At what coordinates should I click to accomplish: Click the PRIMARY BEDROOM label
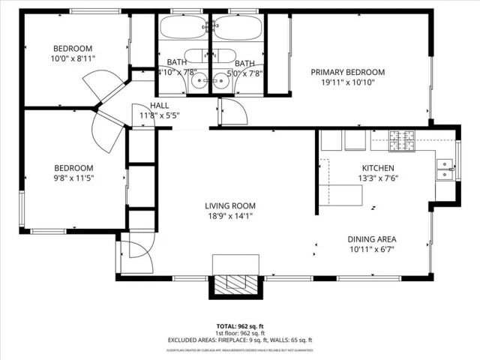[348, 72]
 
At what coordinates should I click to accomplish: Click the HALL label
[160, 106]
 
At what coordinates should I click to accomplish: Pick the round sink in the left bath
[199, 82]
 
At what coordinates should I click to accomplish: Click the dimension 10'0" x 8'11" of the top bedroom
[73, 58]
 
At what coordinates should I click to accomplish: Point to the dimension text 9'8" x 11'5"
[73, 178]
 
